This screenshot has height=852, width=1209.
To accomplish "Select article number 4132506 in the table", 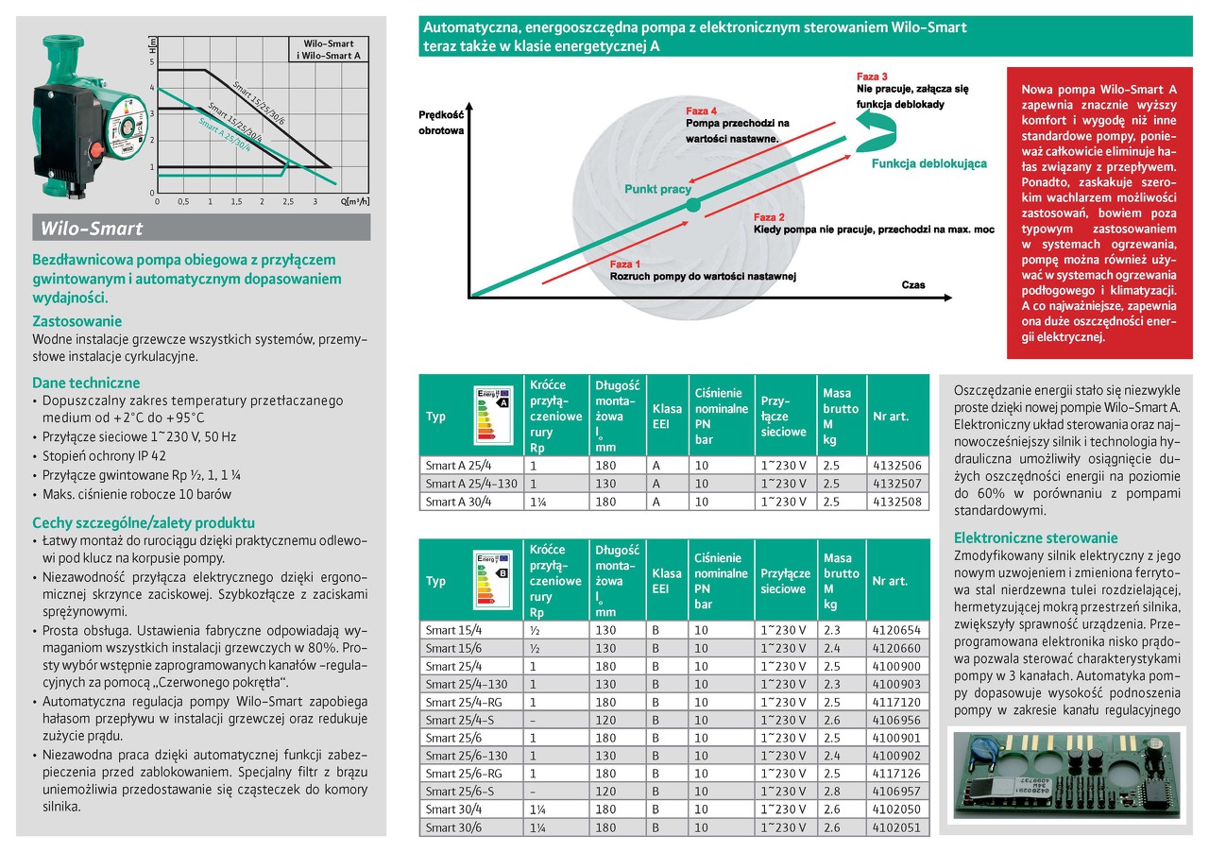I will tap(896, 466).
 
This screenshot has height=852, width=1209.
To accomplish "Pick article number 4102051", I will tap(896, 827).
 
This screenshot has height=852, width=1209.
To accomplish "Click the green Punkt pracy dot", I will tap(692, 204).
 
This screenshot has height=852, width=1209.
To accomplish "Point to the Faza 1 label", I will tap(625, 264).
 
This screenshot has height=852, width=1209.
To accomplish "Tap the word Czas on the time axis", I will tap(913, 284).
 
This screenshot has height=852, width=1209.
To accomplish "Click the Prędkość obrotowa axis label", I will tap(441, 123).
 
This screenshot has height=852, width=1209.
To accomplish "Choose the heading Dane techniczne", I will tap(86, 383).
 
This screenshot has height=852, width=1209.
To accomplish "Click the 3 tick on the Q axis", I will tap(315, 201).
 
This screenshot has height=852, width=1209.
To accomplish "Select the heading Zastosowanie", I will tap(77, 321).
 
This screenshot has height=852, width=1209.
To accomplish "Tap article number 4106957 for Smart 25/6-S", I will tap(896, 792).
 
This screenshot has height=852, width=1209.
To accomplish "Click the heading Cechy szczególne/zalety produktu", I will tap(144, 522).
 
